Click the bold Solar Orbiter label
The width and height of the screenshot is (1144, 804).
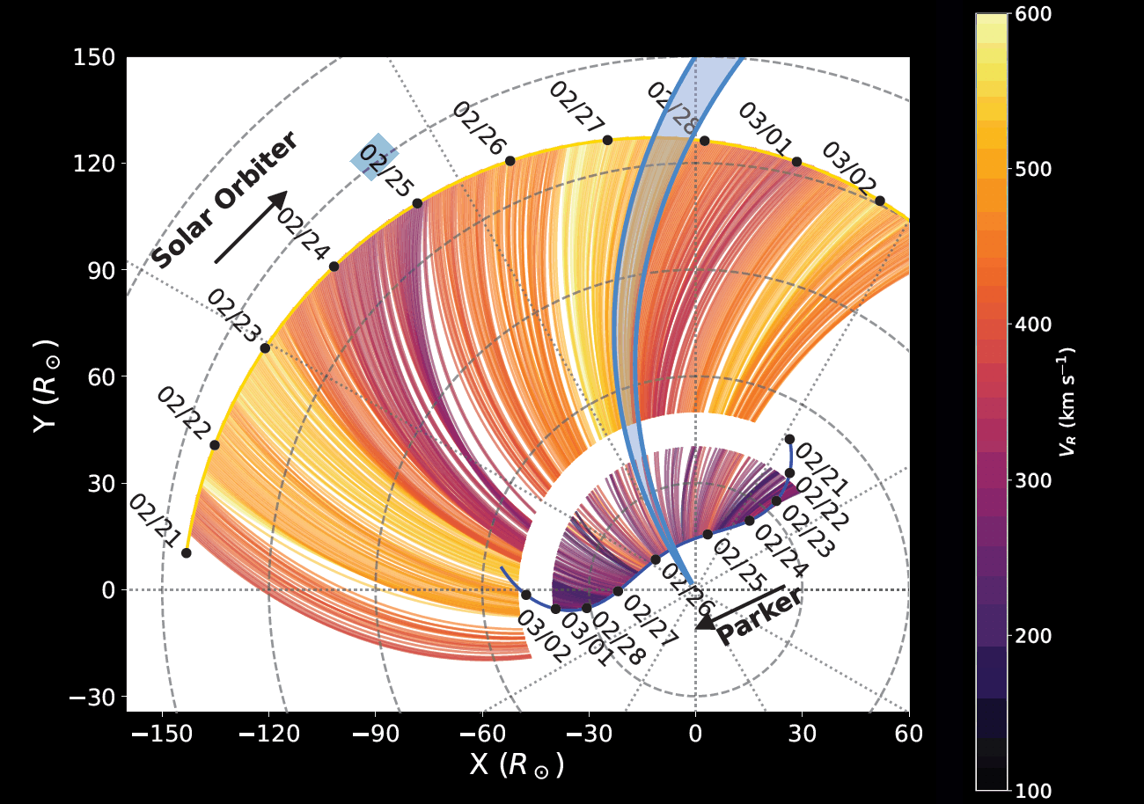pyautogui.click(x=224, y=201)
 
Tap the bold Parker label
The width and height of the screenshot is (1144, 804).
pyautogui.click(x=759, y=617)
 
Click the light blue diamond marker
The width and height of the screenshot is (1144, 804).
pyautogui.click(x=375, y=157)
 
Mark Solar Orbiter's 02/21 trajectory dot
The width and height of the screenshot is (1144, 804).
pyautogui.click(x=187, y=552)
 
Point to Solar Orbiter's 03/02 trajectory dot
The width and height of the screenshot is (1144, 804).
pyautogui.click(x=879, y=201)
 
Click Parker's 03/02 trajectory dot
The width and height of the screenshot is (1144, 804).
pyautogui.click(x=526, y=595)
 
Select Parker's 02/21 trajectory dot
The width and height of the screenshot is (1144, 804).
pyautogui.click(x=789, y=439)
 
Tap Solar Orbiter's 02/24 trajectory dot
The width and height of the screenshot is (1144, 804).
pyautogui.click(x=334, y=267)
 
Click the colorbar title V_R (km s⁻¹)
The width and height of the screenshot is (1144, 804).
pyautogui.click(x=1067, y=400)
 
